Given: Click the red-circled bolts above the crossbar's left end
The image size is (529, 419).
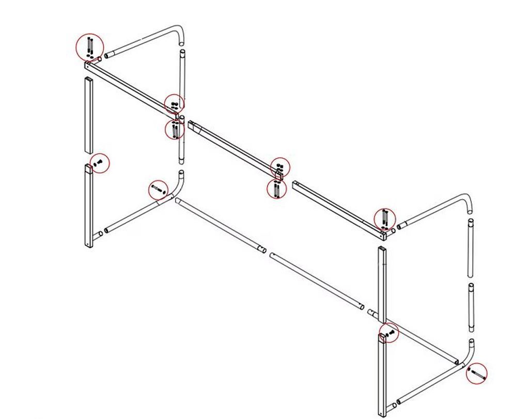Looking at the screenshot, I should point(90,46).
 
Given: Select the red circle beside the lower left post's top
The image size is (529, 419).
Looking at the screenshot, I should point(100,163).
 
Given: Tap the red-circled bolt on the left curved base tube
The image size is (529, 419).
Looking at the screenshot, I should point(159,190).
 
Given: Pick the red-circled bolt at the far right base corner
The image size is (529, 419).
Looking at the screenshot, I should point(476,373).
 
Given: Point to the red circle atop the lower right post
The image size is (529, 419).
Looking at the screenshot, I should point(389,333).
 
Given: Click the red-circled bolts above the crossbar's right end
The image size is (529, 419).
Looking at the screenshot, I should point(385,219).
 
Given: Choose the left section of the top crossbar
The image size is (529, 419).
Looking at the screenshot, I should point(132,88).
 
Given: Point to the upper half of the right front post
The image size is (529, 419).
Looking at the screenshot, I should point(382,284).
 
